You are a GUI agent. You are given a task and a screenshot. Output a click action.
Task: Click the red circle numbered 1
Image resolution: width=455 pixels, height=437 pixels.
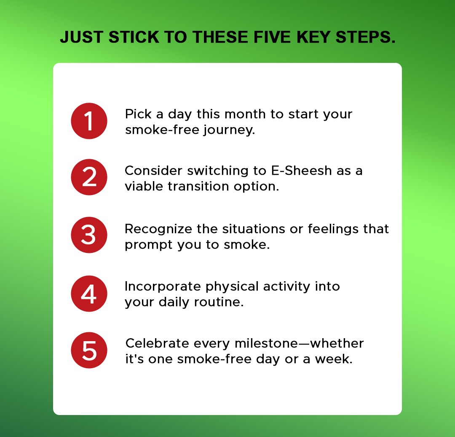click(89, 121)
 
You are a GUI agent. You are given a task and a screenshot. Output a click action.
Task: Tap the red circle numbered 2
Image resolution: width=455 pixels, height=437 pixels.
click(89, 177)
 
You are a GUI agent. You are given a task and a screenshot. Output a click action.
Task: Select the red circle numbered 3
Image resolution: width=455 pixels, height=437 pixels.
click(89, 235)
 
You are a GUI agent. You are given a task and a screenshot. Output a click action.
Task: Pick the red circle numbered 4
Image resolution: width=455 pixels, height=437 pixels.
click(89, 293)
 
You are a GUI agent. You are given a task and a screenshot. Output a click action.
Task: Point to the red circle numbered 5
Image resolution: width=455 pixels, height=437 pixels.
click(89, 350)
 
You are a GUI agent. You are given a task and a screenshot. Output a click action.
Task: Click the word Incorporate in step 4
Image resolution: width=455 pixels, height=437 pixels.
click(163, 286)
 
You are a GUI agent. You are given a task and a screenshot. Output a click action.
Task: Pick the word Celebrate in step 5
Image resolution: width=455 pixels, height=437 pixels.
click(157, 343)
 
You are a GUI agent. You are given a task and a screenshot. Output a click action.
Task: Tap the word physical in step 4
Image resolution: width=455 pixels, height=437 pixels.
click(233, 287)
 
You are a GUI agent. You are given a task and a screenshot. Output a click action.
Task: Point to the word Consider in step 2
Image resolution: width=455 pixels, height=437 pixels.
click(153, 171)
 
